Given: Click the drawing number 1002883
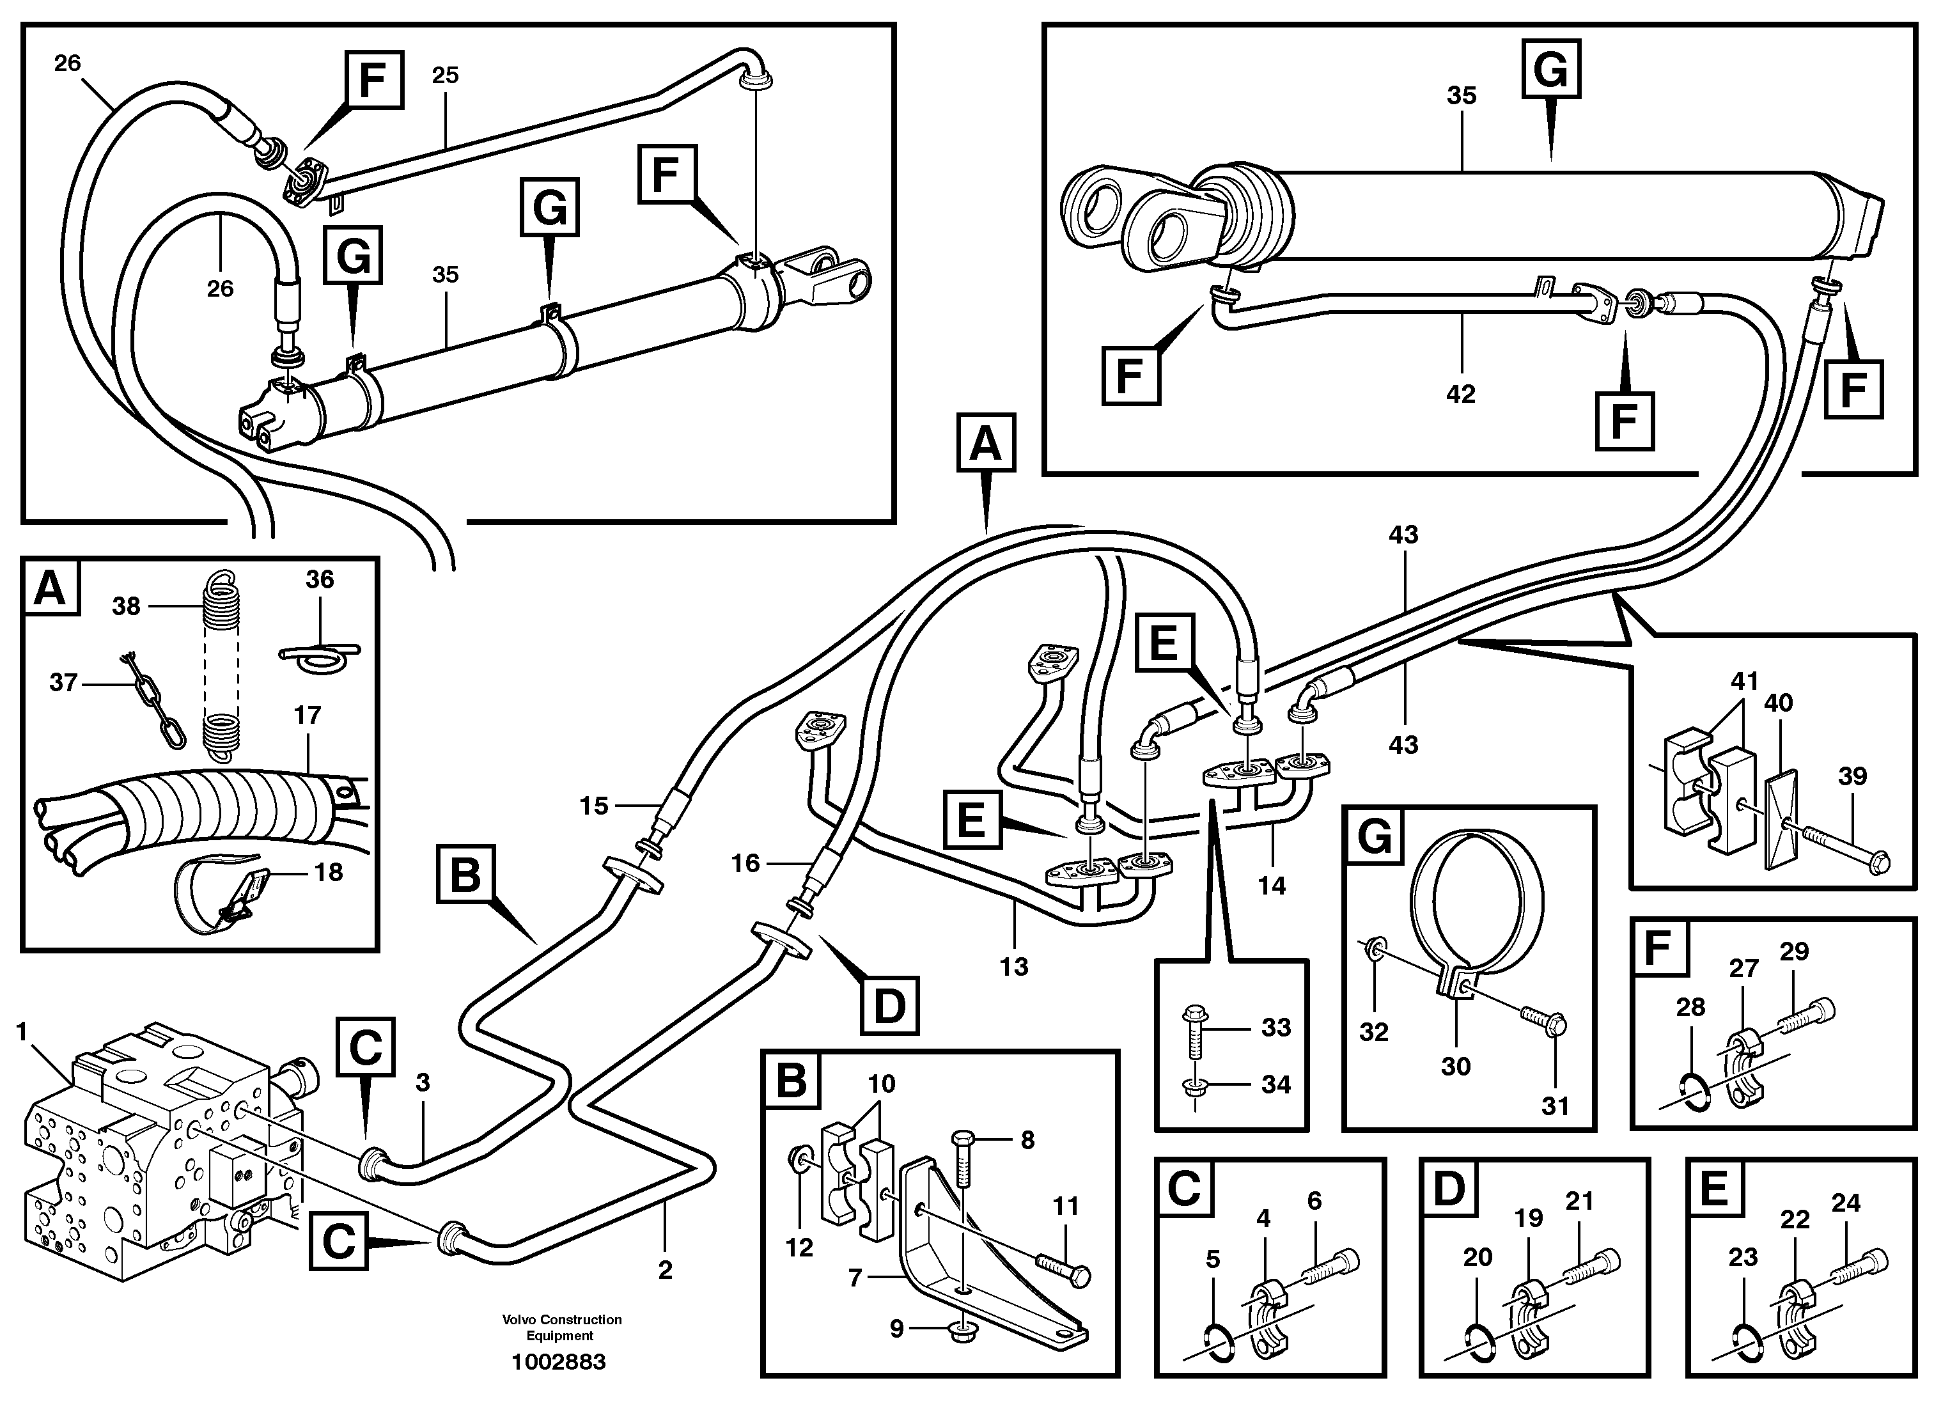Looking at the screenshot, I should (x=559, y=1362).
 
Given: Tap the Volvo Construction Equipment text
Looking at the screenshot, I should (x=561, y=1327).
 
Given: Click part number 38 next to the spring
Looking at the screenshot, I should (x=126, y=606).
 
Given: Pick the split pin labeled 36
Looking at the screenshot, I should (x=320, y=653).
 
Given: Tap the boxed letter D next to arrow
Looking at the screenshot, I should (x=889, y=1007).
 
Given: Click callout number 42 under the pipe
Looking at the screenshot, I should (x=1461, y=394).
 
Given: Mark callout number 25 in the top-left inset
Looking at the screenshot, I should (x=445, y=76).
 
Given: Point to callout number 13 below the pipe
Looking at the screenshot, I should (x=1014, y=967).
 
